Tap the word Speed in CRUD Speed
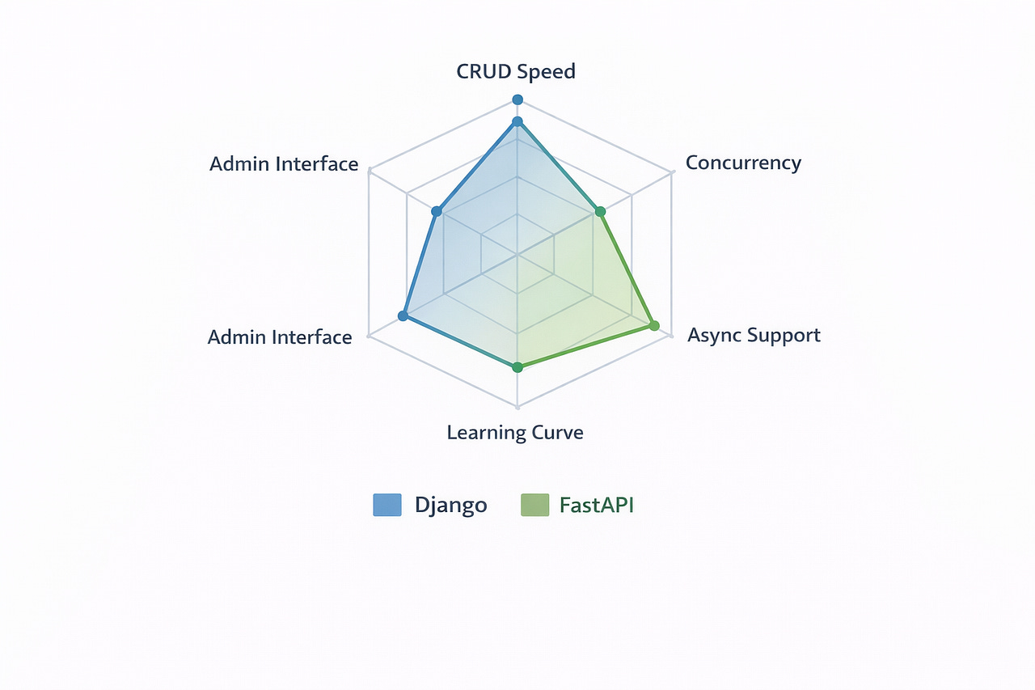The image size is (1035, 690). pyautogui.click(x=547, y=71)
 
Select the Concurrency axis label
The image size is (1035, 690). pyautogui.click(x=743, y=163)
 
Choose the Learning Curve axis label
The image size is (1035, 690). pyautogui.click(x=515, y=432)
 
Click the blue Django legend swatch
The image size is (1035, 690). pyautogui.click(x=387, y=505)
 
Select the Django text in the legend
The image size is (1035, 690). pyautogui.click(x=450, y=505)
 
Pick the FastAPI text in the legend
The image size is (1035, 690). pyautogui.click(x=597, y=505)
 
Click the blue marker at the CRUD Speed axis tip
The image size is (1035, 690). pyautogui.click(x=517, y=99)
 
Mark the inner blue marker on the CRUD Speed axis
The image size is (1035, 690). pyautogui.click(x=517, y=122)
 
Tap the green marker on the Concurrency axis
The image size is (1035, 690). pyautogui.click(x=600, y=212)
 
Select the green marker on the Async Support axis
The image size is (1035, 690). pyautogui.click(x=654, y=326)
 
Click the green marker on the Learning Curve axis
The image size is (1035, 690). pyautogui.click(x=518, y=367)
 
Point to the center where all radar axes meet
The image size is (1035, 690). pyautogui.click(x=517, y=254)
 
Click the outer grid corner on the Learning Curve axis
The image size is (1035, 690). pyautogui.click(x=517, y=407)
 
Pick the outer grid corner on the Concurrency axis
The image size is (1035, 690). pyautogui.click(x=672, y=171)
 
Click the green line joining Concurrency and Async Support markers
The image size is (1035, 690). pyautogui.click(x=627, y=269)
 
